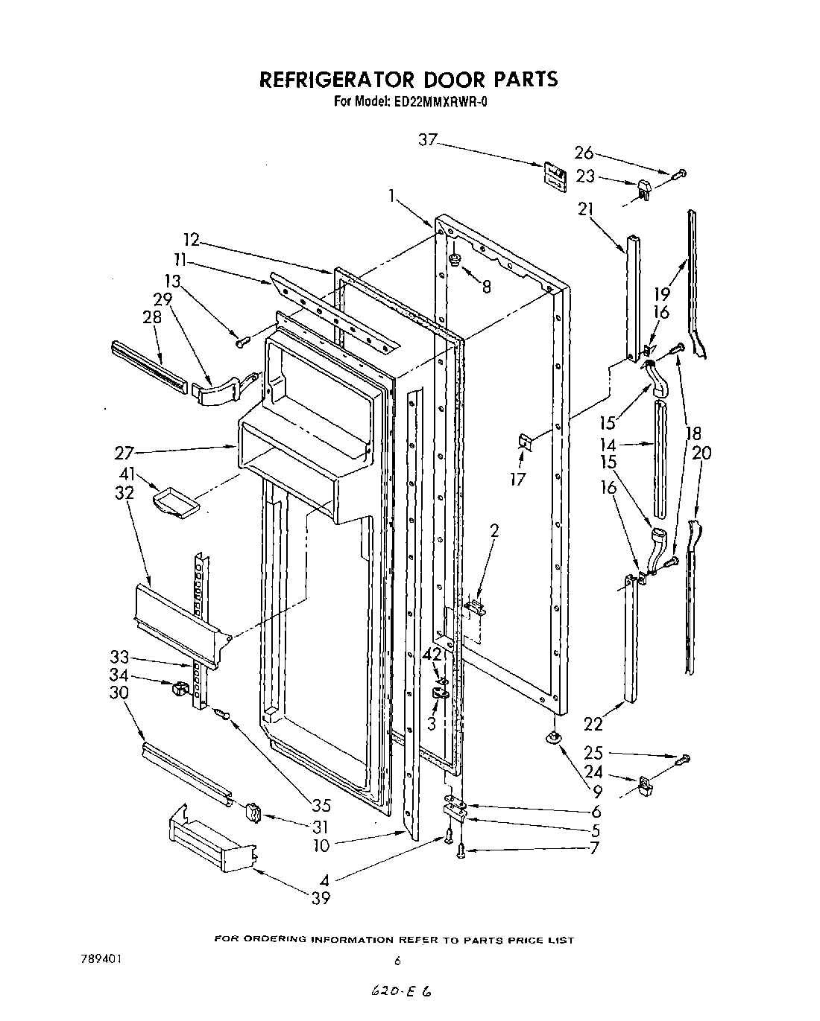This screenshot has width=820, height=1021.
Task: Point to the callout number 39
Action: point(321,898)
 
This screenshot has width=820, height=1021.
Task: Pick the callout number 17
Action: point(517,479)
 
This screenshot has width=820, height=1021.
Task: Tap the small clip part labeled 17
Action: point(525,443)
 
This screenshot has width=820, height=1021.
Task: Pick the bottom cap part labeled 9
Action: point(553,737)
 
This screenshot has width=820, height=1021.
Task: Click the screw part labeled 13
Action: point(242,342)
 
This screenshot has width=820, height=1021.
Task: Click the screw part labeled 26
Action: point(679,175)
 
